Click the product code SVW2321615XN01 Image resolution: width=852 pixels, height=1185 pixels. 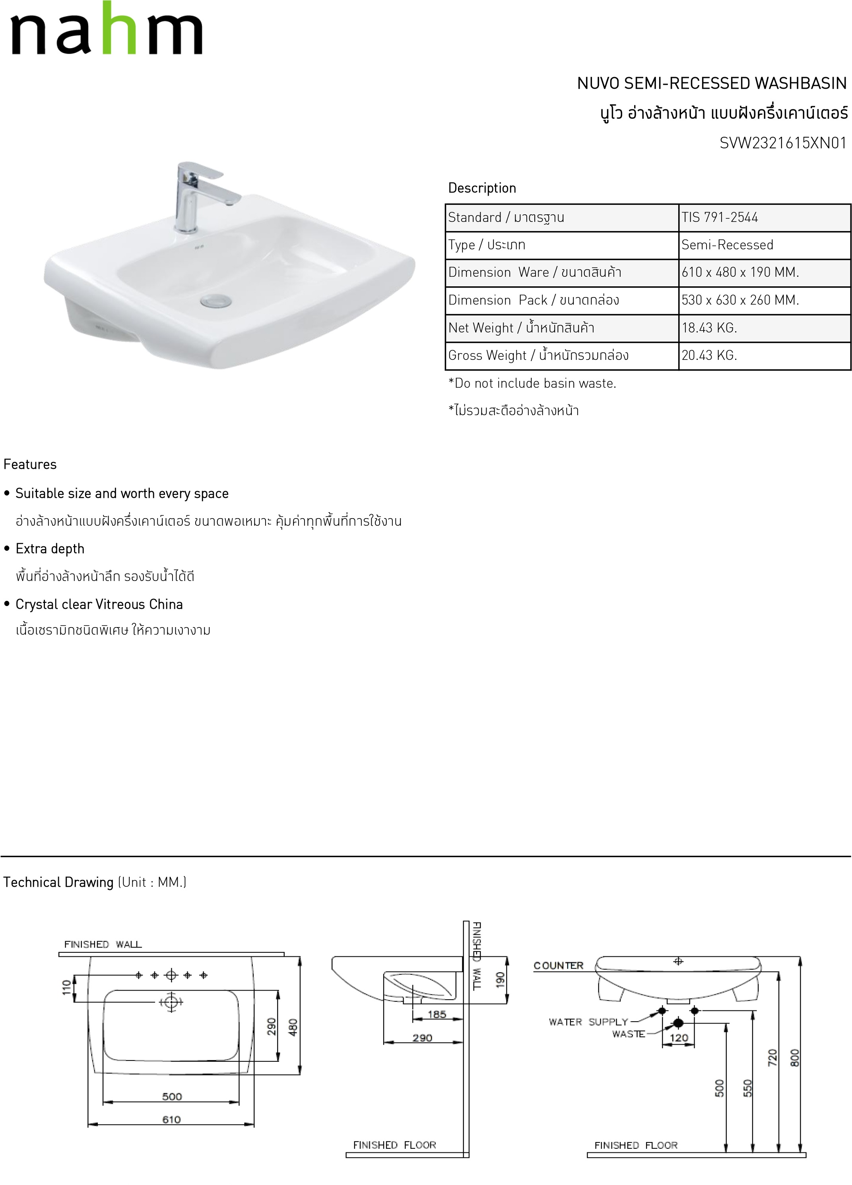(782, 143)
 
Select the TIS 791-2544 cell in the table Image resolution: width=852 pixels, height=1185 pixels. (719, 218)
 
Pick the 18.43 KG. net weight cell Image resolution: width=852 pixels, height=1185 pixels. (709, 328)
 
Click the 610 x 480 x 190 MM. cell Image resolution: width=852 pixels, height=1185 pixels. (740, 273)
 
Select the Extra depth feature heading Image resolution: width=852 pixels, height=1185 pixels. (50, 549)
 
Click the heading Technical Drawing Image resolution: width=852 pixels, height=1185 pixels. (58, 882)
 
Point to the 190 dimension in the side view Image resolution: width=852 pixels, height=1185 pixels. (500, 980)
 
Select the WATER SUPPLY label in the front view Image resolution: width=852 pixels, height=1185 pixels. (588, 1022)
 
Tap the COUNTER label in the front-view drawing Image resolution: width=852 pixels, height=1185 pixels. (559, 965)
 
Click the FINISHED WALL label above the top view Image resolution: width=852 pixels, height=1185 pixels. (103, 944)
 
